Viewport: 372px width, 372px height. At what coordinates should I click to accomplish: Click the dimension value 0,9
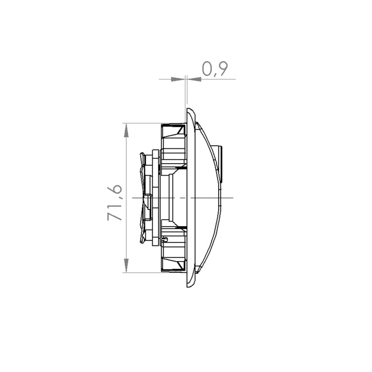tap(215, 69)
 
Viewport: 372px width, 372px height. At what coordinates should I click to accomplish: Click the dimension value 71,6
tap(115, 203)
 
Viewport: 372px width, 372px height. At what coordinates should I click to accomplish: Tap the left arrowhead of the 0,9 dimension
tap(178, 79)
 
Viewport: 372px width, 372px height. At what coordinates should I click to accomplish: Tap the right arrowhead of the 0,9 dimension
tap(194, 79)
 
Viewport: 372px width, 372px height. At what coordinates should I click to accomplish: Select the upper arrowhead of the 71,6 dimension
tap(126, 130)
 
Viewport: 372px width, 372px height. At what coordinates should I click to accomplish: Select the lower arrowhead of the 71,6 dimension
tap(126, 265)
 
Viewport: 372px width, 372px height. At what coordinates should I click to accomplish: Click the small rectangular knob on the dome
tap(220, 164)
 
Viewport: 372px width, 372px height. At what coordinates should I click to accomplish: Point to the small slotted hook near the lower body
tap(165, 239)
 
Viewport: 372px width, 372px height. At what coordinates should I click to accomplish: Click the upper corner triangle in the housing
tap(181, 130)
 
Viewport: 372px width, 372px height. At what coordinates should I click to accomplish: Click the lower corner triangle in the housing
tap(181, 265)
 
